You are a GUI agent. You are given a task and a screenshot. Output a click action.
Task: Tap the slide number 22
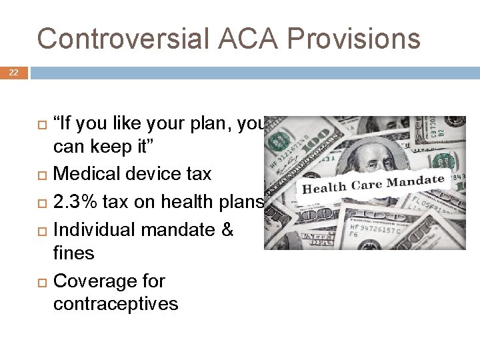click(14, 72)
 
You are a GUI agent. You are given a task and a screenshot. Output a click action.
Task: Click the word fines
click(74, 253)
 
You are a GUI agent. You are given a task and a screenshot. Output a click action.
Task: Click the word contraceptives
click(115, 304)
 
